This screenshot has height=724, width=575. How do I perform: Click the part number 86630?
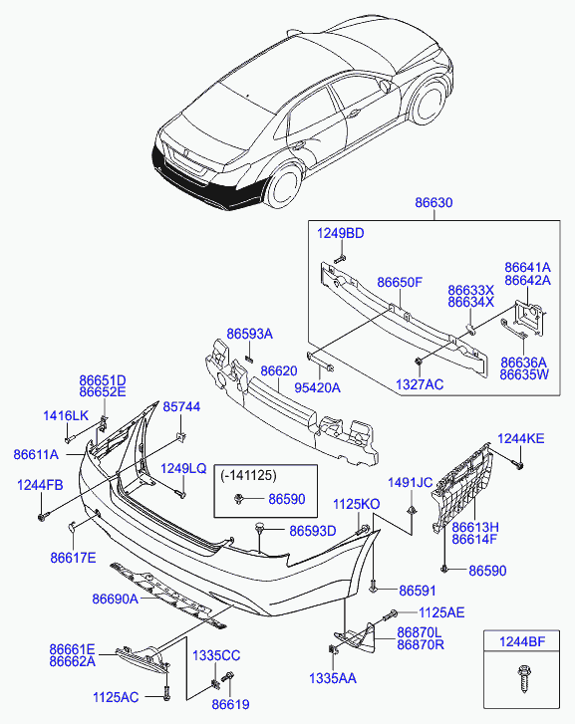[433, 203]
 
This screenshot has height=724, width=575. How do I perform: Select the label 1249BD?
[340, 234]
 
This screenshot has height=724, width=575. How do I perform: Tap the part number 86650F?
[400, 282]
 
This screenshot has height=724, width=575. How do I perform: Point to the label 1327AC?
[420, 384]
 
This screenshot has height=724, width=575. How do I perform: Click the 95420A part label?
[318, 387]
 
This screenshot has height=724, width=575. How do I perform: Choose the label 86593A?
[249, 334]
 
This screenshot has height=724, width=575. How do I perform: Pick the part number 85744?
[181, 406]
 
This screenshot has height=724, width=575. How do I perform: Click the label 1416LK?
[66, 415]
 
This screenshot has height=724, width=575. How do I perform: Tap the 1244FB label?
[40, 485]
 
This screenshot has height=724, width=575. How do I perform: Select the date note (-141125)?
[248, 475]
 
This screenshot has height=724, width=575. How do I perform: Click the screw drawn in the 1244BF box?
[524, 678]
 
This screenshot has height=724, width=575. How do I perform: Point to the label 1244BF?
[522, 641]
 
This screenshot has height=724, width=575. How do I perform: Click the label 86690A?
[115, 599]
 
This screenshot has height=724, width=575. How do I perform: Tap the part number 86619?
[230, 704]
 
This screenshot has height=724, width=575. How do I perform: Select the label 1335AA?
[332, 678]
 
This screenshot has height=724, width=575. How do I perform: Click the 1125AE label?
[441, 612]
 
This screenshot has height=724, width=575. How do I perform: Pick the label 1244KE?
[521, 438]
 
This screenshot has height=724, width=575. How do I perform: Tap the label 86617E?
[73, 558]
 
